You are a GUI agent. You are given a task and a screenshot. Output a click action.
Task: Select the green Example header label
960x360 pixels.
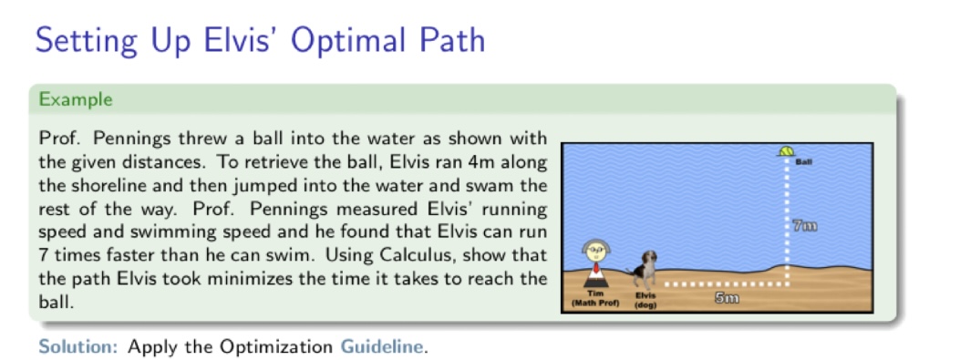(76, 98)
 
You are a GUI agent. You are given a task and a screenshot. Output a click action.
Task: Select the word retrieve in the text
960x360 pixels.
(272, 162)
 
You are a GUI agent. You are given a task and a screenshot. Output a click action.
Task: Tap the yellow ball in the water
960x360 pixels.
(786, 150)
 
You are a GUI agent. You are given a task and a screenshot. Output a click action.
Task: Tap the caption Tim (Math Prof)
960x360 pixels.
(595, 299)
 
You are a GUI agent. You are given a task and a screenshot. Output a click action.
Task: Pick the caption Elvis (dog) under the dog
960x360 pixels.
(645, 299)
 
